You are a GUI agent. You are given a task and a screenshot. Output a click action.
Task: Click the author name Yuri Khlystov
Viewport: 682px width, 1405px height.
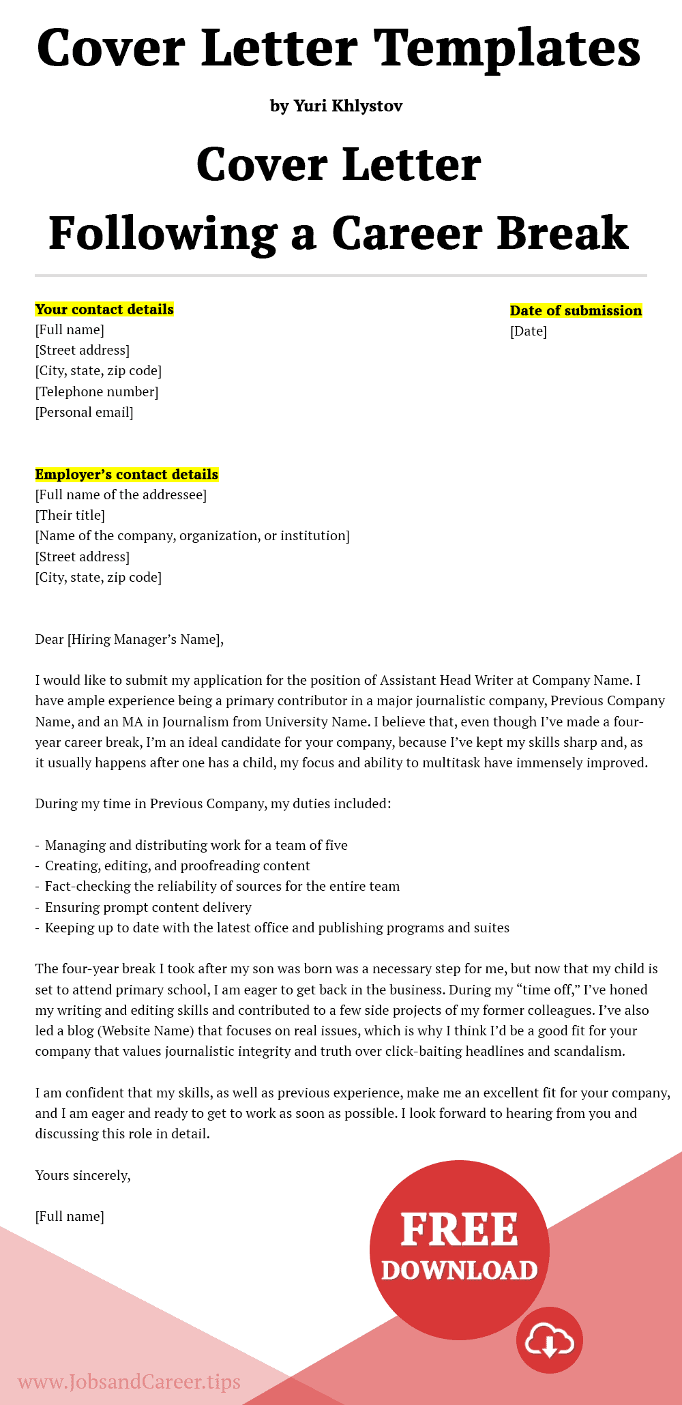point(348,106)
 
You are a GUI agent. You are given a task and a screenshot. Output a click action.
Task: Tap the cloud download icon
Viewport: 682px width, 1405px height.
point(549,1340)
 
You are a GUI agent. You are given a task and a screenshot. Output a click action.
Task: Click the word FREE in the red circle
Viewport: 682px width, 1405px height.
point(459,1230)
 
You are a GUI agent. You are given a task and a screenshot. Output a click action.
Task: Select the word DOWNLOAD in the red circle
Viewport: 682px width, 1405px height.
point(459,1270)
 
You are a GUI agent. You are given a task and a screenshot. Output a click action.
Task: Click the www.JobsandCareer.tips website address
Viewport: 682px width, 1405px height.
point(129,1381)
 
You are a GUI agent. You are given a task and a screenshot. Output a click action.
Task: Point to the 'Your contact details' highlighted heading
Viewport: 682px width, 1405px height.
point(104,309)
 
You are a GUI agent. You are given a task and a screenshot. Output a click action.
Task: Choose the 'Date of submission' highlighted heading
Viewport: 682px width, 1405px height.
point(576,310)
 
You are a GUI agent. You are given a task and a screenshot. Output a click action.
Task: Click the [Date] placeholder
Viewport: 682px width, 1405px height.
point(529,331)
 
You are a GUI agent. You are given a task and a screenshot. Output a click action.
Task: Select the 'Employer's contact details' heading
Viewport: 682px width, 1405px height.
point(127,474)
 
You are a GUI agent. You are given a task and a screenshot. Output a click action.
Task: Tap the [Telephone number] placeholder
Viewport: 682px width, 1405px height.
point(97,391)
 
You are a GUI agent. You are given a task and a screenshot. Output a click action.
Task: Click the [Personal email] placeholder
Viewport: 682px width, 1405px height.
point(85,412)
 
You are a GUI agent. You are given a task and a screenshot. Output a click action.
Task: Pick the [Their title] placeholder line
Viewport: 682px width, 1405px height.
point(70,516)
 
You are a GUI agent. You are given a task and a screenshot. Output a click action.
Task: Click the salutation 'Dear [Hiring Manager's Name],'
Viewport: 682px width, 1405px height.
point(129,639)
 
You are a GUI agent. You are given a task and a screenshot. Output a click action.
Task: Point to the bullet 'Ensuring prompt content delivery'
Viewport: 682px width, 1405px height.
point(148,907)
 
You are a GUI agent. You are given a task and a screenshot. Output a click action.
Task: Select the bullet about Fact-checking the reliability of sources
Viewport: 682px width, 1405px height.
point(222,886)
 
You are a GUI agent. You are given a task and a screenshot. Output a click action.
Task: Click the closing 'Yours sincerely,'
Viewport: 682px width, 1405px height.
point(83,1175)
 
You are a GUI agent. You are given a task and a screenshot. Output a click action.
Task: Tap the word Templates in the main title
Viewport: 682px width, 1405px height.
point(507,48)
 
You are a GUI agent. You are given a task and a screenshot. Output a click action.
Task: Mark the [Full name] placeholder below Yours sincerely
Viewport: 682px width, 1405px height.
point(70,1216)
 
